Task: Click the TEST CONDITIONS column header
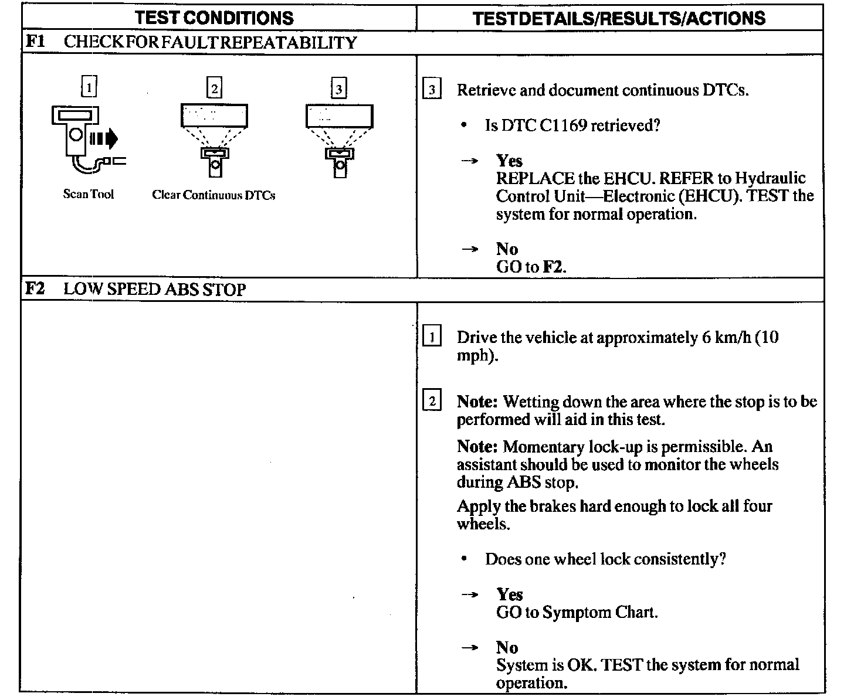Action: [x=214, y=18]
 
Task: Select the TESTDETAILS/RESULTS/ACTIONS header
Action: [x=619, y=18]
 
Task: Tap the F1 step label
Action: [x=36, y=42]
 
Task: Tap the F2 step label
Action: [x=36, y=288]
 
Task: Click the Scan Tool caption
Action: [x=89, y=195]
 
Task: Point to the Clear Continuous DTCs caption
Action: [x=213, y=195]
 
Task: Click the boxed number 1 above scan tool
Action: [x=88, y=88]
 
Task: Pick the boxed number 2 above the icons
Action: [x=214, y=89]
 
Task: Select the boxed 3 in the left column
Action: [x=338, y=89]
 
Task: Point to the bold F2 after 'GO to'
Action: [x=553, y=267]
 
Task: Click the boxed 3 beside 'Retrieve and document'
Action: [x=432, y=90]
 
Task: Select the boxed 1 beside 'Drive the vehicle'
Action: [x=432, y=338]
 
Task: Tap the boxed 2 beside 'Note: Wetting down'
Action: [x=432, y=402]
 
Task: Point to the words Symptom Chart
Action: [x=599, y=613]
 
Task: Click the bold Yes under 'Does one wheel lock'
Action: [x=509, y=594]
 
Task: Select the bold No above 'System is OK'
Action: [x=507, y=647]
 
